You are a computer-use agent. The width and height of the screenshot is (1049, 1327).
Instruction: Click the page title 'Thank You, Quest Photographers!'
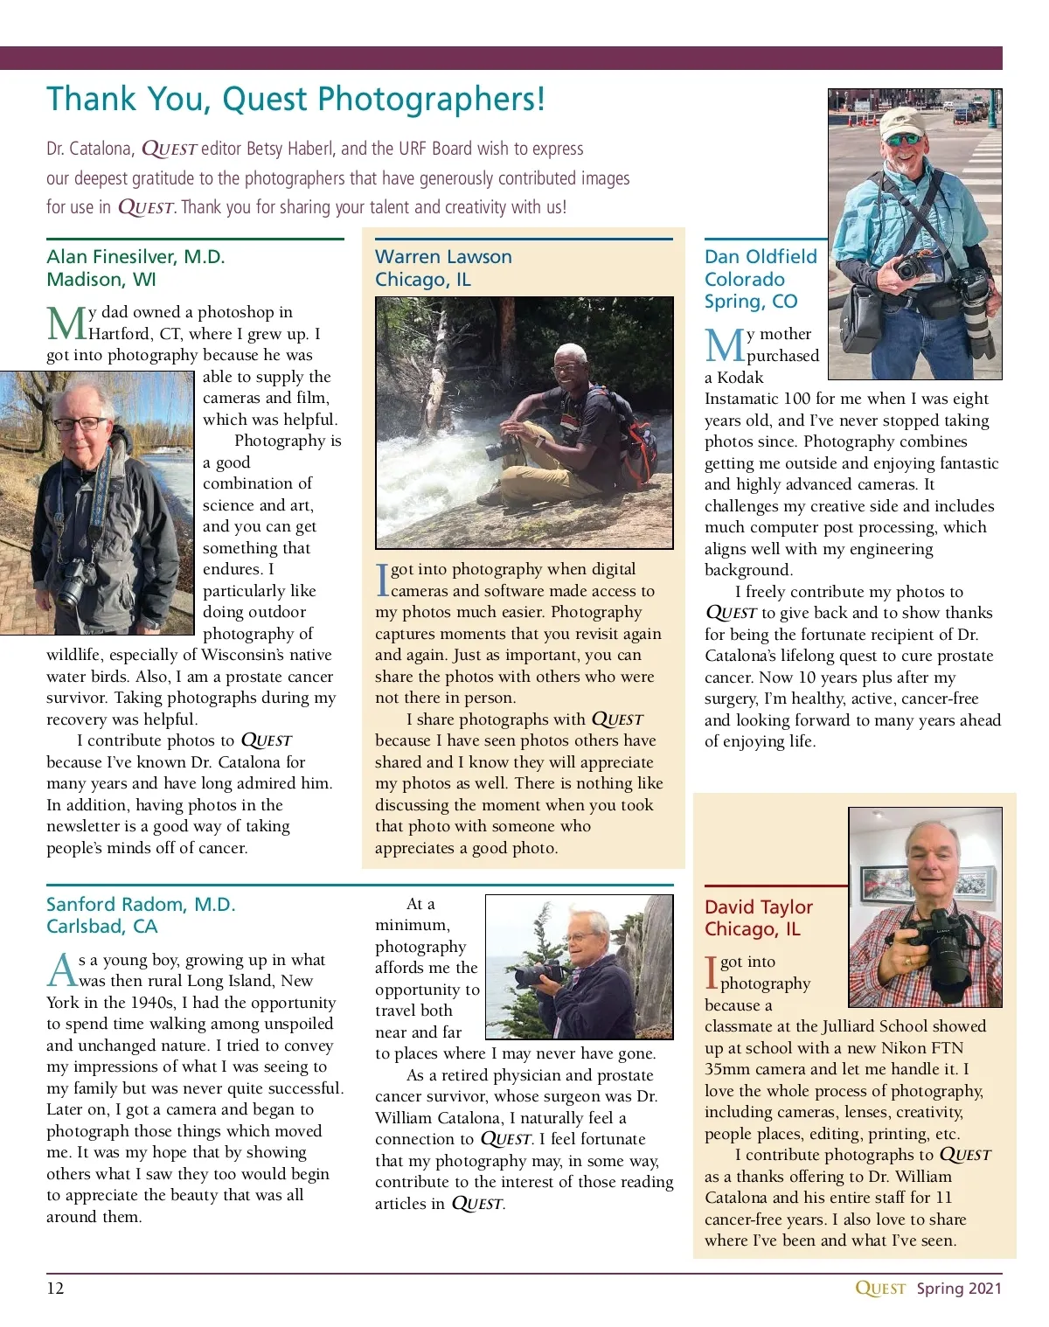(295, 100)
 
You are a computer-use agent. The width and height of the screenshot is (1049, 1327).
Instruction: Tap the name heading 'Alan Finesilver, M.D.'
(135, 257)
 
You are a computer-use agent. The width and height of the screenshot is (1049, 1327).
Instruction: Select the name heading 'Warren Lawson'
(443, 257)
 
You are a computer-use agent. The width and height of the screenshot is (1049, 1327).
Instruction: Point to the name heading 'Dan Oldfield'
(761, 257)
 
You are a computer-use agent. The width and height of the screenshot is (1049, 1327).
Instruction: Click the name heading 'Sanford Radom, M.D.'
(141, 905)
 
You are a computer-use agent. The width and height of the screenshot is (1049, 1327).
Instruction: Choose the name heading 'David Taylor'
(759, 907)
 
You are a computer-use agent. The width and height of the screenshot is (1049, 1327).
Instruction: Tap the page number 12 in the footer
(55, 1289)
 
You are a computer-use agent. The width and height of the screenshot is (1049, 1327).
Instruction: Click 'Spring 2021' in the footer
(959, 1289)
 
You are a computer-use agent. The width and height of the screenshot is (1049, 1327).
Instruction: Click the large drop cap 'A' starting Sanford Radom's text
(62, 970)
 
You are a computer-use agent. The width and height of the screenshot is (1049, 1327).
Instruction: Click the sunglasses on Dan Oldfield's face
(905, 139)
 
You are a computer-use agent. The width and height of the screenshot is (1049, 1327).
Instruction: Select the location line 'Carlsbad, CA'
(101, 927)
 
